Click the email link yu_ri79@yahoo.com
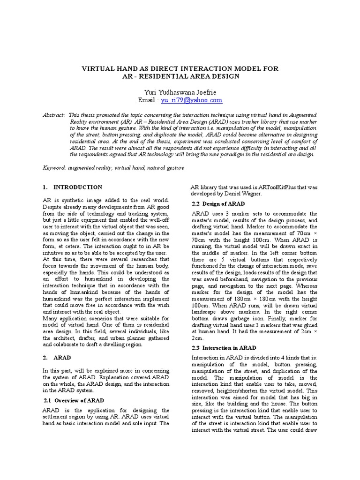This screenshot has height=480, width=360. (192, 100)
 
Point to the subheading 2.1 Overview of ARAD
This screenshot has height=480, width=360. (73, 400)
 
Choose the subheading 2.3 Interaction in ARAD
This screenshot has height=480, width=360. (224, 348)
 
